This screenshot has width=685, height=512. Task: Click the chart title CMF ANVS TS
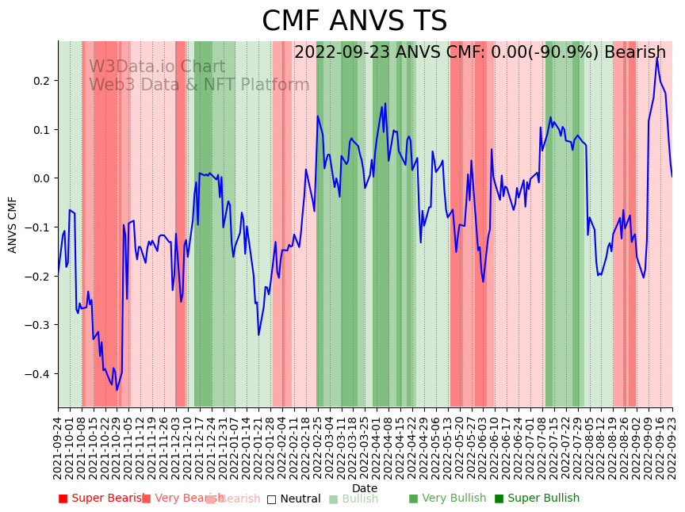tap(354, 21)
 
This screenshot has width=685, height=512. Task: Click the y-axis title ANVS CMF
tap(13, 224)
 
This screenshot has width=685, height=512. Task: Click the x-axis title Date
tap(365, 488)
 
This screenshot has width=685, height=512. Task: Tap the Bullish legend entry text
tap(359, 499)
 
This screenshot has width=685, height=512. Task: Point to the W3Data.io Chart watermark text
tap(157, 67)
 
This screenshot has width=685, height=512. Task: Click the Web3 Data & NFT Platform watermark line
tap(199, 86)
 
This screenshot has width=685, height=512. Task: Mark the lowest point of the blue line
tap(117, 390)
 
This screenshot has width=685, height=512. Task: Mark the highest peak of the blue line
tap(656, 57)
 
